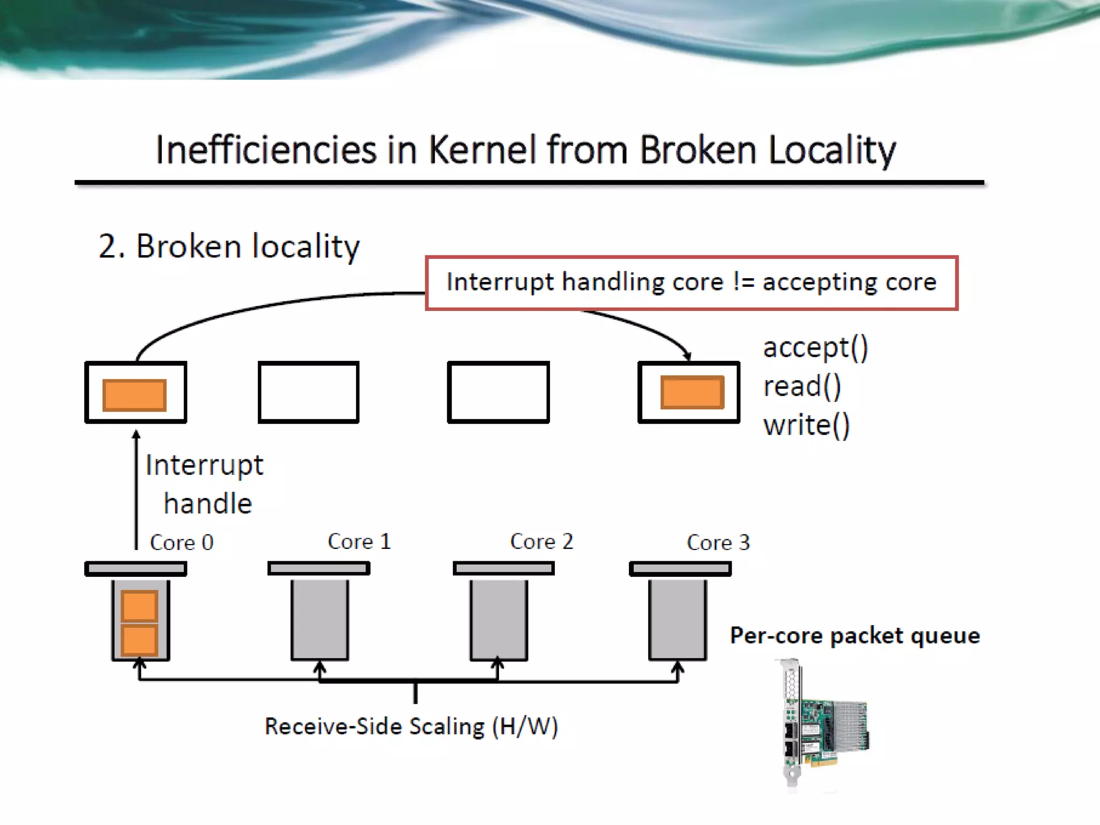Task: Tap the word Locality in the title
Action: pyautogui.click(x=832, y=150)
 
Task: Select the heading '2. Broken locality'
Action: pyautogui.click(x=229, y=247)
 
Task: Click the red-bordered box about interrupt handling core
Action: pyautogui.click(x=691, y=283)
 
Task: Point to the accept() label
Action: pyautogui.click(x=815, y=348)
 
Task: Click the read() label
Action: pyautogui.click(x=802, y=386)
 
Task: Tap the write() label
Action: pyautogui.click(x=806, y=425)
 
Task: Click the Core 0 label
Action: pyautogui.click(x=182, y=542)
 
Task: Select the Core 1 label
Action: pyautogui.click(x=359, y=541)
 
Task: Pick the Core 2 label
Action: pyautogui.click(x=541, y=541)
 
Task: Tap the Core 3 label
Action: pyautogui.click(x=718, y=542)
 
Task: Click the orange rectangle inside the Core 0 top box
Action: pyautogui.click(x=134, y=395)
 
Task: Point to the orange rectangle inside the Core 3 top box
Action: pyautogui.click(x=692, y=393)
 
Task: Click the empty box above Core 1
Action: pyautogui.click(x=308, y=393)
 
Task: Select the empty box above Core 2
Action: pyautogui.click(x=498, y=393)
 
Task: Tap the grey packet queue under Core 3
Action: pyautogui.click(x=677, y=620)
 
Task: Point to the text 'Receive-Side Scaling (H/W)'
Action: pyautogui.click(x=411, y=727)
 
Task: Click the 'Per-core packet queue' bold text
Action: pyautogui.click(x=855, y=636)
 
